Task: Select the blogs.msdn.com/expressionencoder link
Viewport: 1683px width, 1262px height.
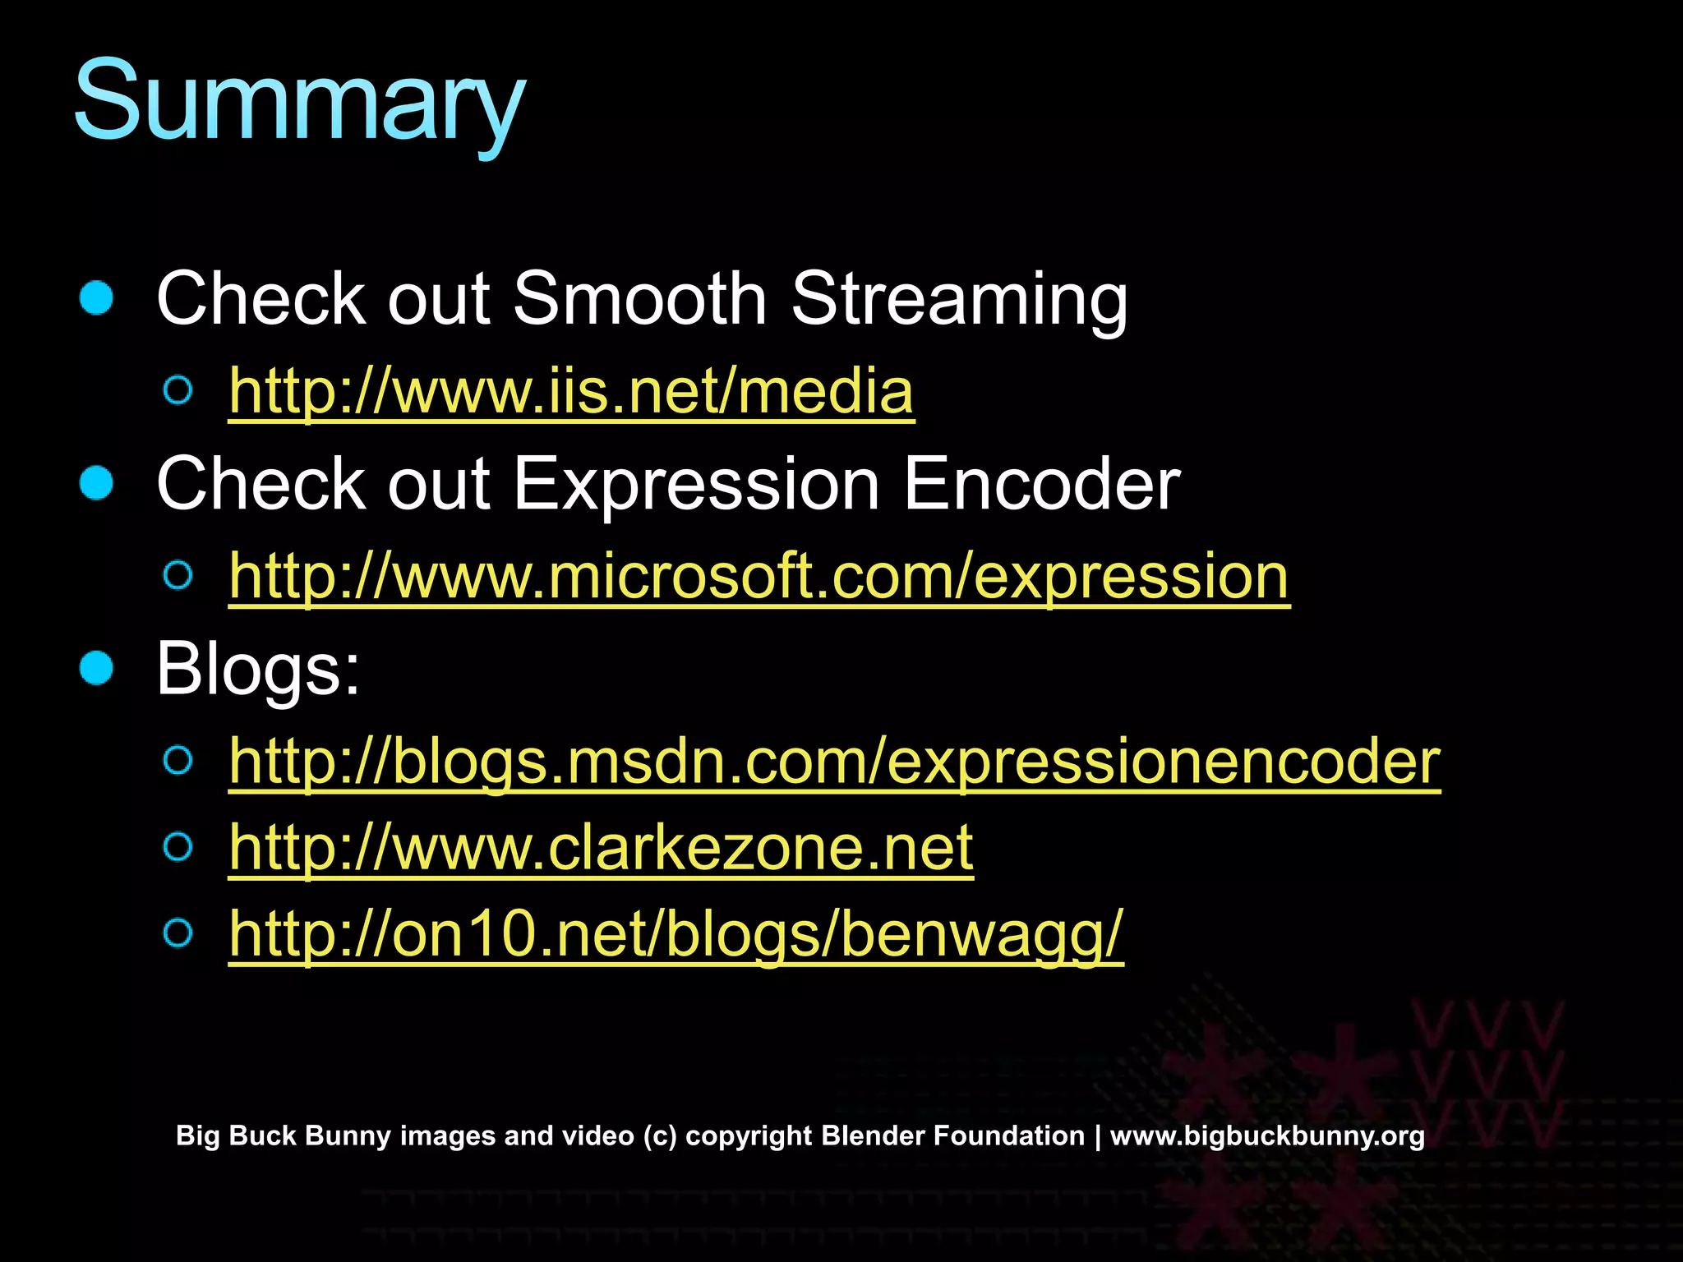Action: coord(834,762)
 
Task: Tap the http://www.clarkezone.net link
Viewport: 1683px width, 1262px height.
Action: coord(601,848)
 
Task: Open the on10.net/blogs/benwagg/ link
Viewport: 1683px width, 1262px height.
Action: coord(676,934)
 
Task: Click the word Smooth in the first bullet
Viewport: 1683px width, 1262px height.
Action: coord(639,298)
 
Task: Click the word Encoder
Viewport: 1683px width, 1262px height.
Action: coord(1041,483)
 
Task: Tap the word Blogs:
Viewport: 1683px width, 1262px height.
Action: coord(258,669)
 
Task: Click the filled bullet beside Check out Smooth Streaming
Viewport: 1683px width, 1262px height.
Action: coord(96,297)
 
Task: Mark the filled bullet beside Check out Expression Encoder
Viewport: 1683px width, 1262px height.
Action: coord(96,483)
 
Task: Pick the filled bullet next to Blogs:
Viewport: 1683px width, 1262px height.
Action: coord(96,668)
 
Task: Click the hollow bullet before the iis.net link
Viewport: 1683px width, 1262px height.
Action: coord(178,390)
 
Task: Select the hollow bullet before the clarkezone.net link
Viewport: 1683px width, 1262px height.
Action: coord(178,846)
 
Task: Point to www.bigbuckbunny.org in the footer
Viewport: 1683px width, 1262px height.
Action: coord(1267,1135)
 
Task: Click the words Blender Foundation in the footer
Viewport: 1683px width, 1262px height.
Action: coord(953,1135)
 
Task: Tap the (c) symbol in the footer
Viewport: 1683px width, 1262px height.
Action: coord(660,1135)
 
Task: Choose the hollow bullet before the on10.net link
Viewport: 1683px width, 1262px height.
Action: coord(178,933)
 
